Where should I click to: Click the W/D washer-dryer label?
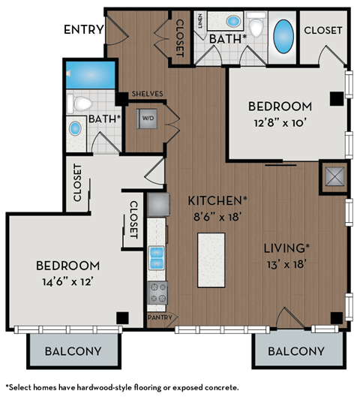click(x=148, y=119)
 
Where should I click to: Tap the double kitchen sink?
click(x=157, y=257)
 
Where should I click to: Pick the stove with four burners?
click(x=157, y=292)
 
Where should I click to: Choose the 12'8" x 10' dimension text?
click(x=279, y=123)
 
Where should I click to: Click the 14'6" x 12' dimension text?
click(x=68, y=282)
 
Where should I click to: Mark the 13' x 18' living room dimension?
click(x=286, y=263)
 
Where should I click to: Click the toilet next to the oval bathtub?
click(x=255, y=29)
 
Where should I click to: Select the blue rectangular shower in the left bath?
click(x=91, y=74)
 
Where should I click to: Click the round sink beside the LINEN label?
click(x=232, y=20)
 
